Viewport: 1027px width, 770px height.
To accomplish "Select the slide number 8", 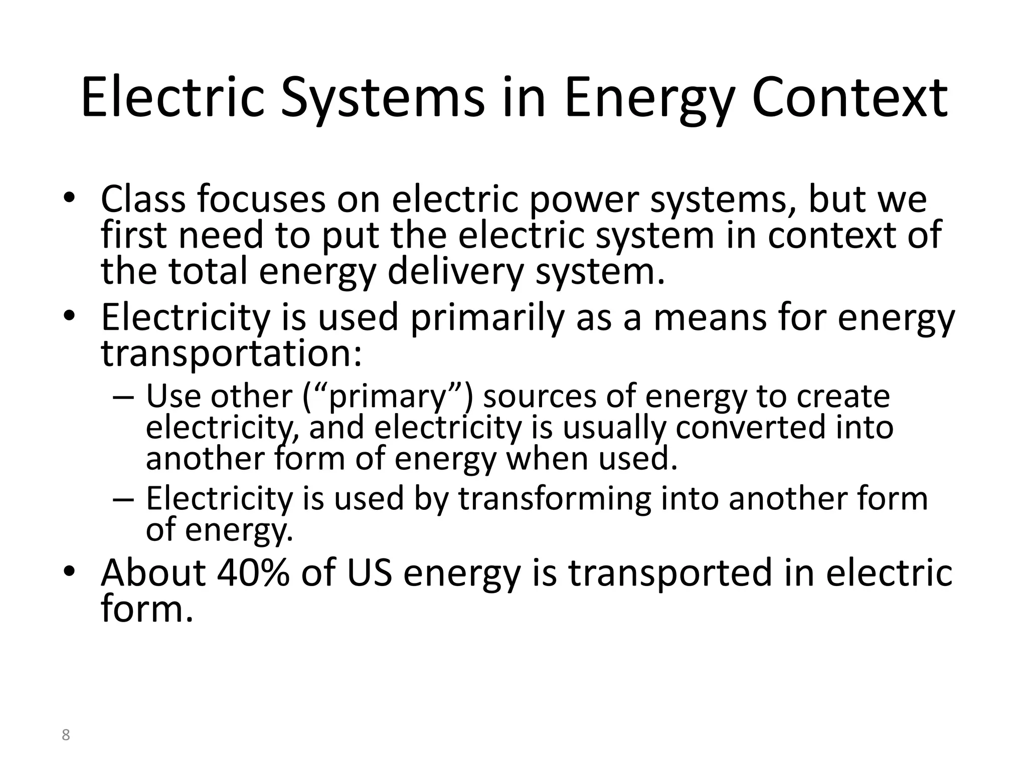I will pyautogui.click(x=66, y=735).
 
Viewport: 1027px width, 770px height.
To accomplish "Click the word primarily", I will pyautogui.click(x=486, y=318).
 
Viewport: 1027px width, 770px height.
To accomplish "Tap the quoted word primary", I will pyautogui.click(x=387, y=396).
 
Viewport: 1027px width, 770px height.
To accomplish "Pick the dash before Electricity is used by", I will pyautogui.click(x=123, y=500).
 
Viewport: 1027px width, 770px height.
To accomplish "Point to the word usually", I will pyautogui.click(x=614, y=428).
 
